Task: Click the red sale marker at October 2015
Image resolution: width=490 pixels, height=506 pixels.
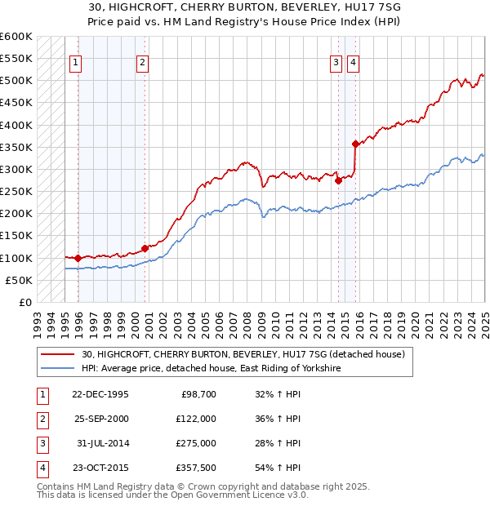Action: point(355,144)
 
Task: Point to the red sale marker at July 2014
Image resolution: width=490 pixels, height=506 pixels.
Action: point(338,181)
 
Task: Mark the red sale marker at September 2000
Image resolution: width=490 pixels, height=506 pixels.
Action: point(145,248)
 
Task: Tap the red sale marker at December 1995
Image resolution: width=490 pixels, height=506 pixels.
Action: point(78,259)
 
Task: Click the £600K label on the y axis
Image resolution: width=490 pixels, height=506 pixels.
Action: point(16,37)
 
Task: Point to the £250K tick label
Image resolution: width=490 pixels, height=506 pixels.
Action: point(16,192)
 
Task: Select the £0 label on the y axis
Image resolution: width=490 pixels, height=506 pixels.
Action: point(24,302)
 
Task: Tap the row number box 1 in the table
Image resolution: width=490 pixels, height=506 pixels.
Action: point(40,393)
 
